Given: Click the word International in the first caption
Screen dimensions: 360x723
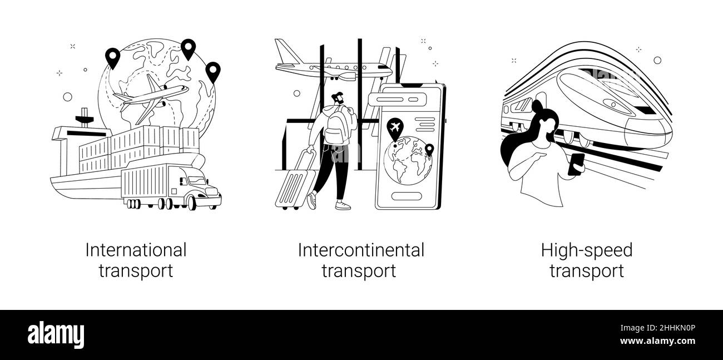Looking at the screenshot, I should click(x=136, y=250).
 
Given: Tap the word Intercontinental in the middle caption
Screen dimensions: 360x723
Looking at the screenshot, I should click(x=360, y=250).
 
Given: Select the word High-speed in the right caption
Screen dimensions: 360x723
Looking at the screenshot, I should click(x=587, y=250).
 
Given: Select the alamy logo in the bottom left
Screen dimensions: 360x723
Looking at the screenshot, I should click(x=56, y=335).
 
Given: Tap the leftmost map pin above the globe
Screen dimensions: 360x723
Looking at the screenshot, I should click(x=113, y=57).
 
